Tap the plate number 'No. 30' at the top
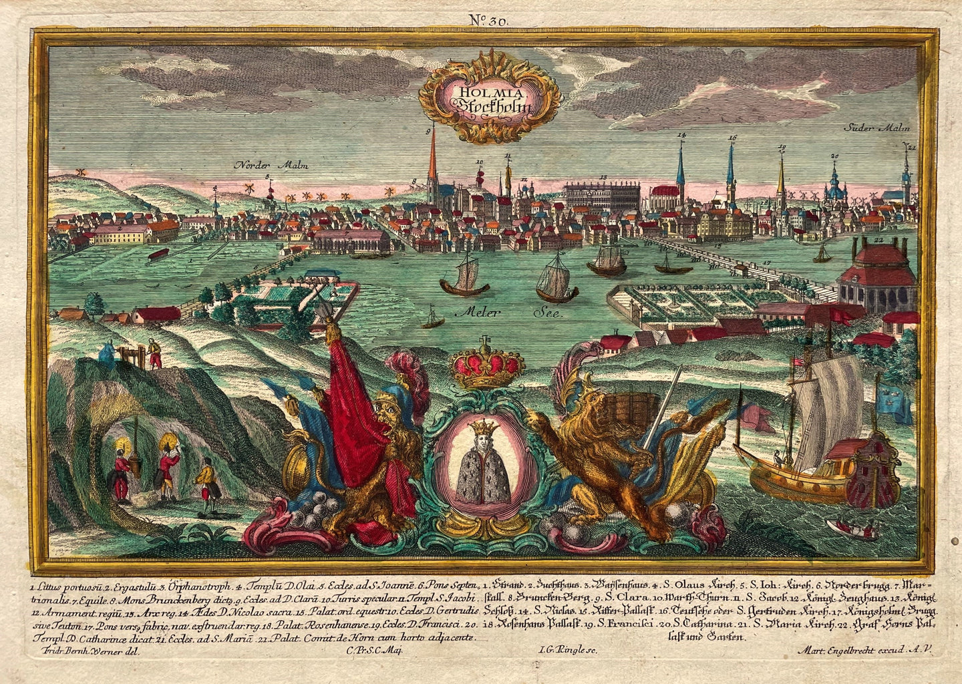coord(489,21)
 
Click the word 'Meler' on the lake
coord(472,311)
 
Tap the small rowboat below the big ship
coord(852,529)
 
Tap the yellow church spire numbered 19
coord(781,175)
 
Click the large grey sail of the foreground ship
coord(819,415)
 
